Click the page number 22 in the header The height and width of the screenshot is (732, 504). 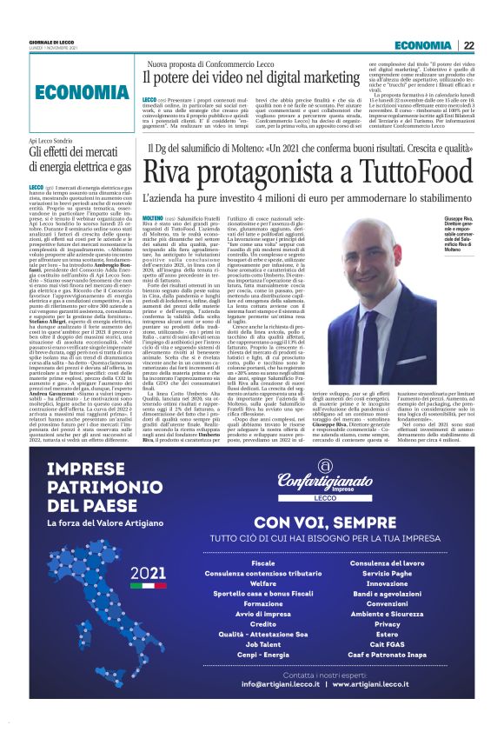click(x=468, y=45)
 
